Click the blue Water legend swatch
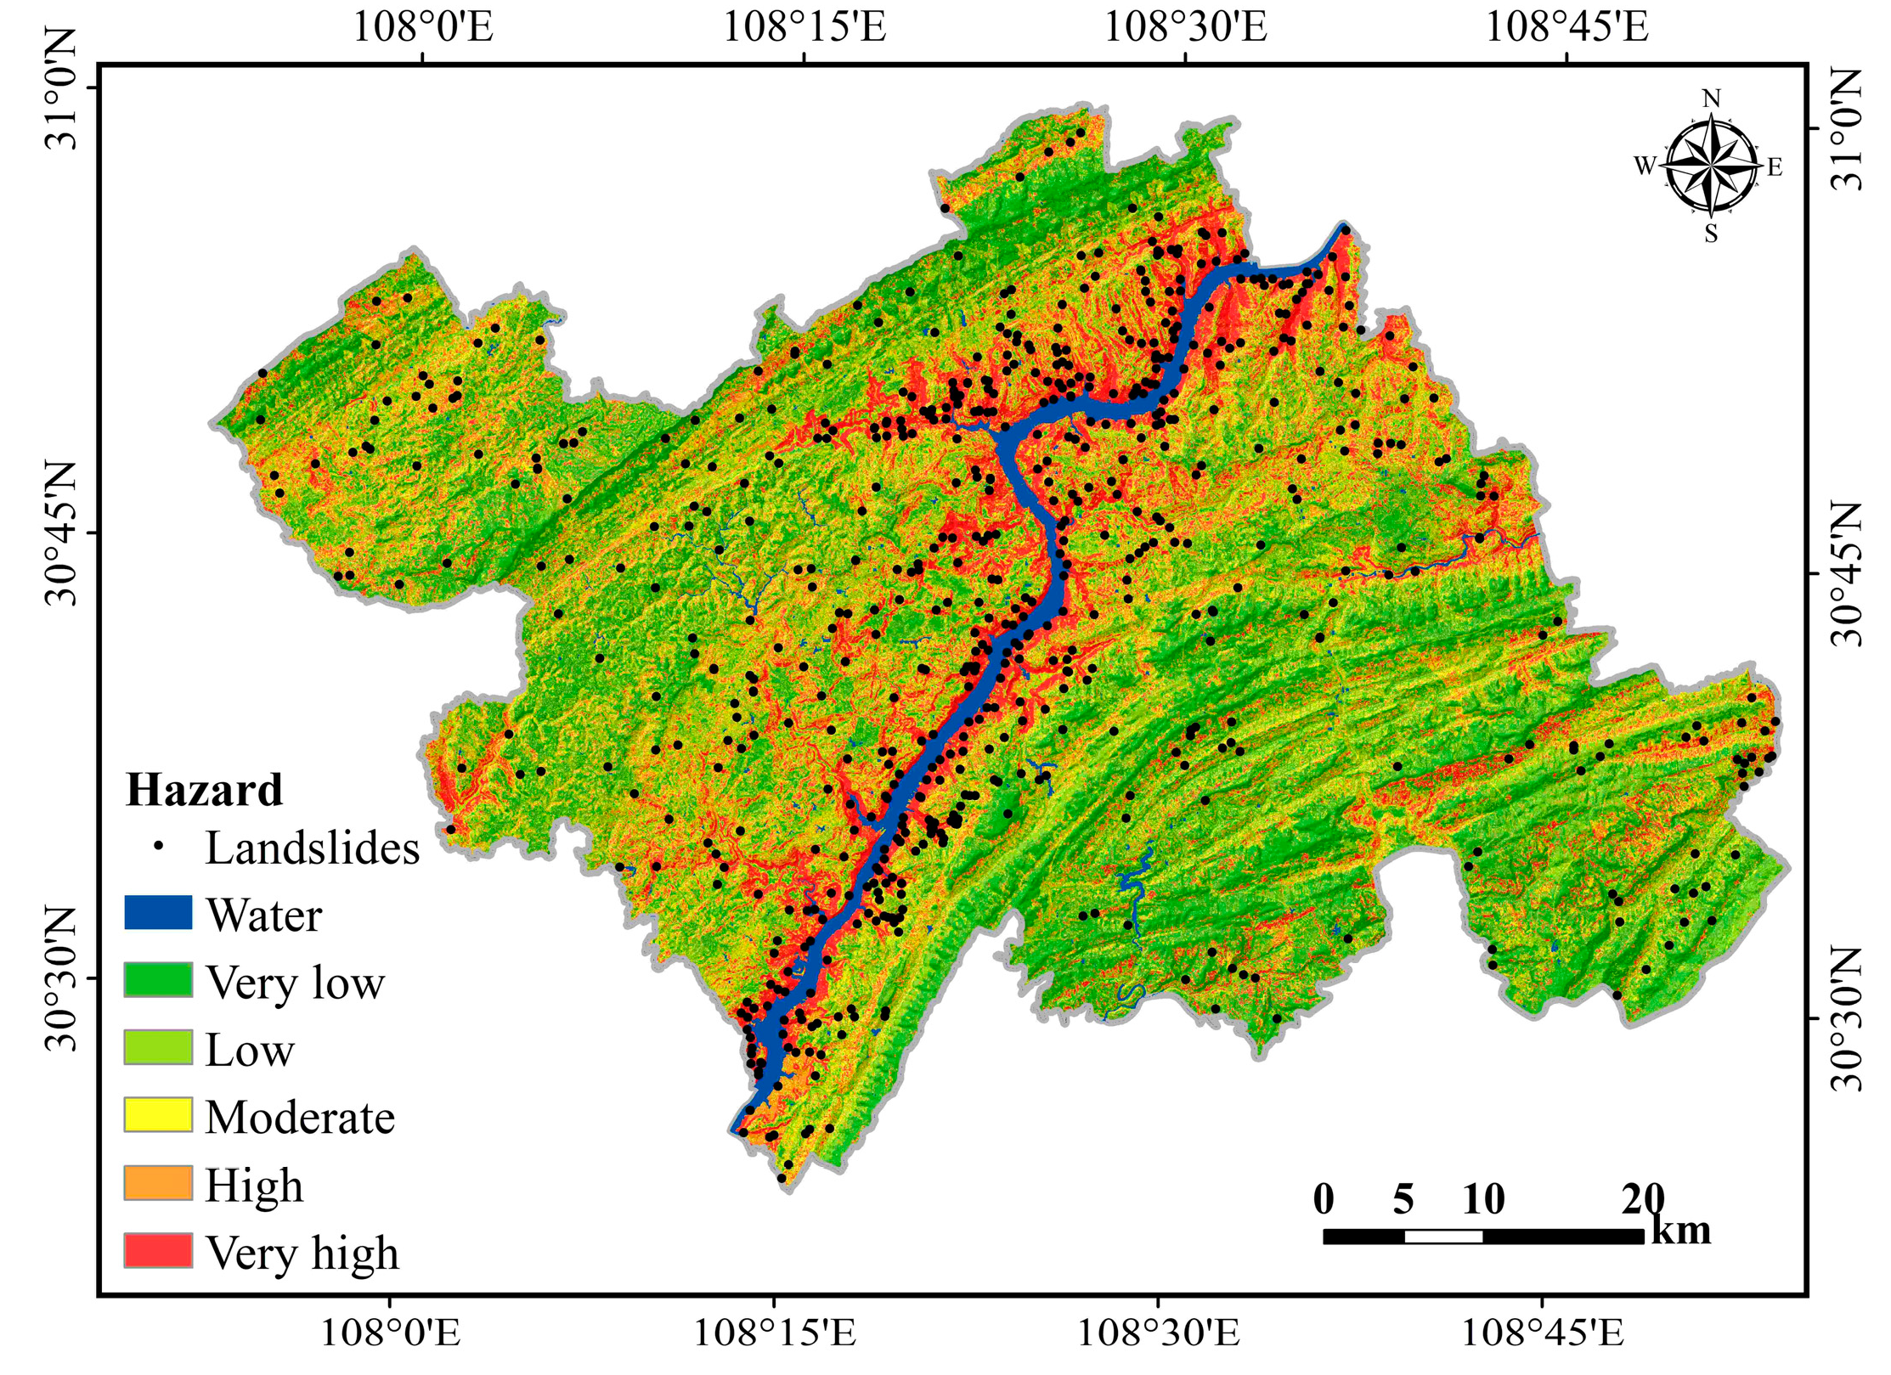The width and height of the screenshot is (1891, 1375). (x=158, y=913)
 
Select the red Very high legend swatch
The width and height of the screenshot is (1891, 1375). (x=158, y=1250)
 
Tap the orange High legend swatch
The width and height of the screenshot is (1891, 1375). (x=158, y=1183)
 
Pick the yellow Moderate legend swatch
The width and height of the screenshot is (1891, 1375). (x=158, y=1115)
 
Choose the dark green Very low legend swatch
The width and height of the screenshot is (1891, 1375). (x=158, y=980)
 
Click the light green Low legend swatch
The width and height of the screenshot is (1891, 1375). (x=158, y=1048)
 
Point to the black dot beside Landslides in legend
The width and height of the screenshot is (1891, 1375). (x=158, y=846)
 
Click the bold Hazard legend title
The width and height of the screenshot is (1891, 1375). (x=204, y=790)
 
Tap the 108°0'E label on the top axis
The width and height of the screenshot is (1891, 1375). (x=422, y=27)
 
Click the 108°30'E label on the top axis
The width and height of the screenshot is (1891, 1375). (x=1184, y=27)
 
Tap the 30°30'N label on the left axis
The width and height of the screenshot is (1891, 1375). (x=59, y=978)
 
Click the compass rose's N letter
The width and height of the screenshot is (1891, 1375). (x=1711, y=99)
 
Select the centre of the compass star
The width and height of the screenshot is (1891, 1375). (x=1711, y=166)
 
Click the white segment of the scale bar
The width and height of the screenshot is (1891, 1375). (x=1442, y=1236)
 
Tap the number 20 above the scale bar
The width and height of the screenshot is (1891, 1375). (x=1642, y=1199)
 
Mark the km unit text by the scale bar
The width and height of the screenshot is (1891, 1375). (x=1680, y=1231)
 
